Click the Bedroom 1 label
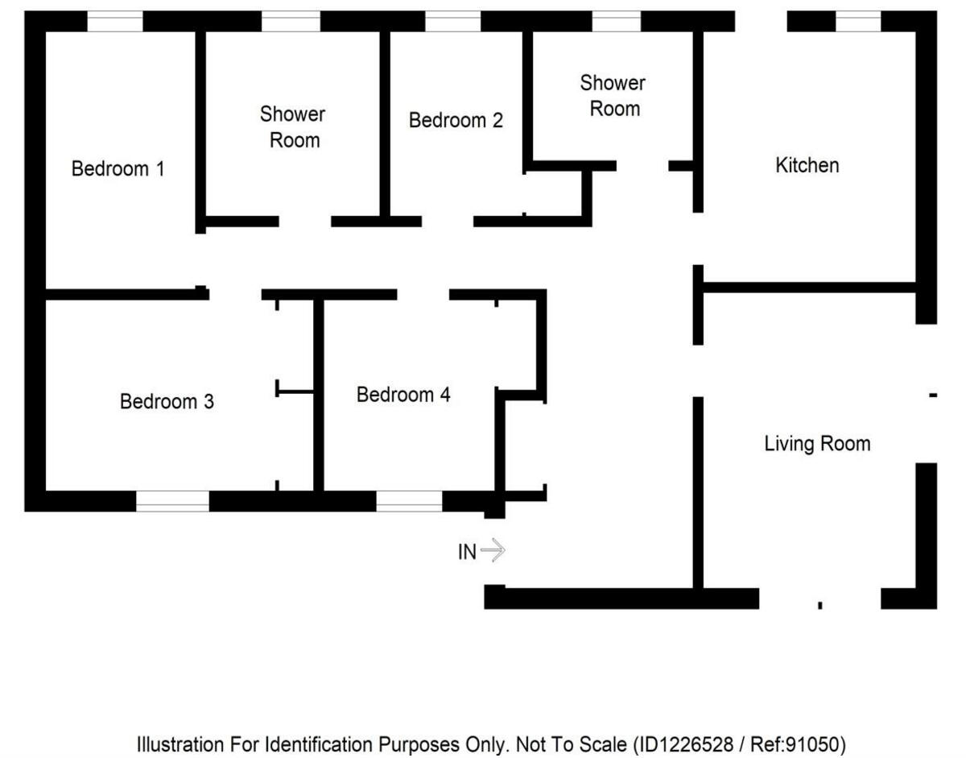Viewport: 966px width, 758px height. click(x=118, y=169)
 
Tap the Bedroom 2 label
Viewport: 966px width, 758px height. click(x=456, y=121)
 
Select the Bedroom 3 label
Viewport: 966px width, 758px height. click(x=167, y=401)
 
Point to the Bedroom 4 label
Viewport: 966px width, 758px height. click(x=403, y=395)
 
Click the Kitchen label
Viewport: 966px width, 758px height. click(x=807, y=165)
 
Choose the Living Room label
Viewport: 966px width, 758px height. click(x=817, y=443)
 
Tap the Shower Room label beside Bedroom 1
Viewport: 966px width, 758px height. click(x=293, y=127)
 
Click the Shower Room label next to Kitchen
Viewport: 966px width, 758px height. click(x=613, y=96)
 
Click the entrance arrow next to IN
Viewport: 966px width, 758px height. click(x=493, y=551)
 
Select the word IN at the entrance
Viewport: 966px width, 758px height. click(x=467, y=553)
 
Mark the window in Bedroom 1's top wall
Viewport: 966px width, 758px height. click(x=114, y=22)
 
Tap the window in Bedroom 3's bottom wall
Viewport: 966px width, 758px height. click(x=172, y=501)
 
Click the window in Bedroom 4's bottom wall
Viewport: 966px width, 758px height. click(x=409, y=501)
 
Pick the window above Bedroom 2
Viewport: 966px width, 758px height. click(x=452, y=22)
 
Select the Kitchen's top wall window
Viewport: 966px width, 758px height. click(x=858, y=22)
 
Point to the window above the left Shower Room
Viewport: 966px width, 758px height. click(x=291, y=22)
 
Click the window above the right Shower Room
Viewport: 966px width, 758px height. click(x=617, y=22)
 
